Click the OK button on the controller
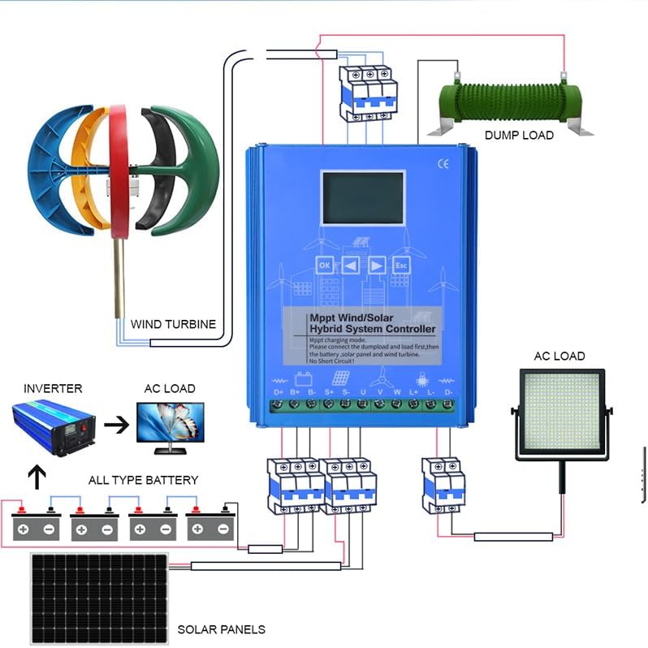click(x=325, y=266)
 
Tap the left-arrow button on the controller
click(x=351, y=266)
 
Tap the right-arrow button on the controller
click(x=376, y=266)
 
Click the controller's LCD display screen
click(x=362, y=199)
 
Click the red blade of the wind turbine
click(x=119, y=171)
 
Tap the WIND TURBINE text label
click(x=174, y=324)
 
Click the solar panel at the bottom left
click(x=100, y=598)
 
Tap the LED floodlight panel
click(x=562, y=416)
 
